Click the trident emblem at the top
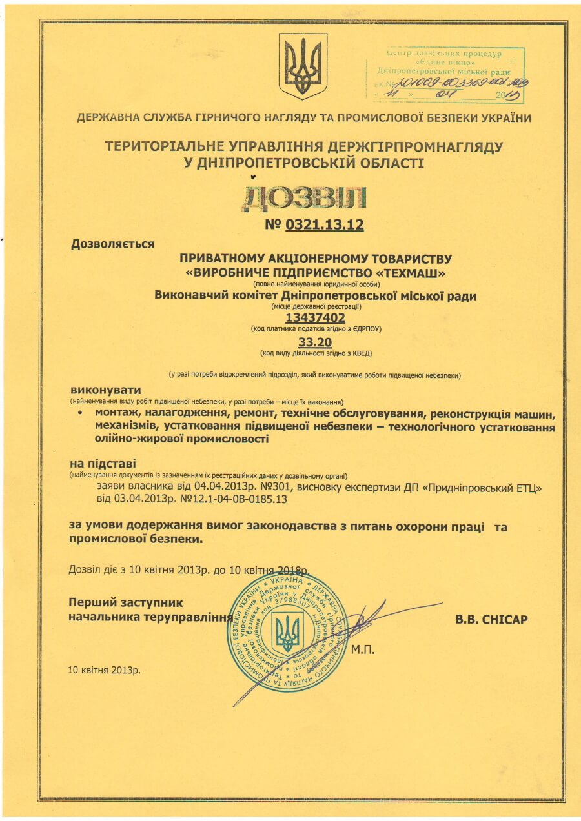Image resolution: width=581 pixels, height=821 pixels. pyautogui.click(x=303, y=66)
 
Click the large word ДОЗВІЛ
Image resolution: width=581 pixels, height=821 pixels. pyautogui.click(x=304, y=199)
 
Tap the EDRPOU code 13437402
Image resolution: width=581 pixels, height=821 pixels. pyautogui.click(x=316, y=317)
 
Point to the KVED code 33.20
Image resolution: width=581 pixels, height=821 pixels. pyautogui.click(x=316, y=342)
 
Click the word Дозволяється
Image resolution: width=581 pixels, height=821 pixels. pyautogui.click(x=112, y=244)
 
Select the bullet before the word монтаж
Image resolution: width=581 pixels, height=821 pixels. pyautogui.click(x=79, y=411)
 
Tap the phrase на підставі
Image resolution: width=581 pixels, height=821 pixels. pyautogui.click(x=103, y=464)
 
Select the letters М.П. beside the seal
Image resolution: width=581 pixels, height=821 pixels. pyautogui.click(x=363, y=649)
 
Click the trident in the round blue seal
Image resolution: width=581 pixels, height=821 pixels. pyautogui.click(x=288, y=632)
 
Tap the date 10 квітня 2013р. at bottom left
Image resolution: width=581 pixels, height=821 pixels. pyautogui.click(x=104, y=669)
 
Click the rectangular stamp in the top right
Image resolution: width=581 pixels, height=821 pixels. pyautogui.click(x=445, y=75)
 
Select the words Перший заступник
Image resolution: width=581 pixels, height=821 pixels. pyautogui.click(x=125, y=603)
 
